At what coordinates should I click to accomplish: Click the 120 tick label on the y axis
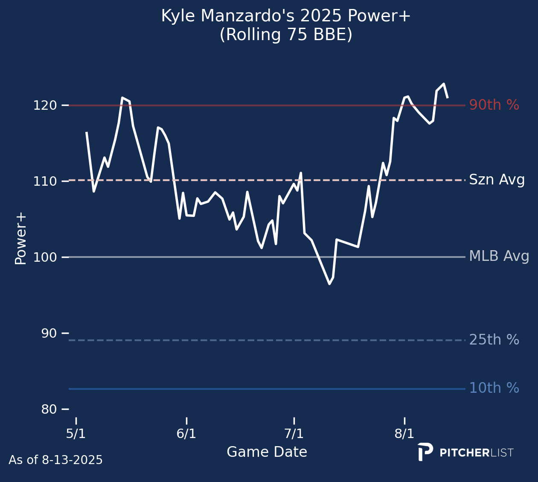(x=45, y=105)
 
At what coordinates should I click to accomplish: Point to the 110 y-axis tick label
(x=45, y=181)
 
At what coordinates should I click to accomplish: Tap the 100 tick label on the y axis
(x=45, y=257)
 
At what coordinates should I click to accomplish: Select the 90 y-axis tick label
(x=49, y=333)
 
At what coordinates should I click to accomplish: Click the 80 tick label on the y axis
(x=49, y=409)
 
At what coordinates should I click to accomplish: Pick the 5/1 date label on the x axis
(x=76, y=434)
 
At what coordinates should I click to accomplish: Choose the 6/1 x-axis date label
(x=186, y=434)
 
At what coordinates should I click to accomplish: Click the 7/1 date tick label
(x=294, y=434)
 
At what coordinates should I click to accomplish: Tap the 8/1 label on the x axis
(x=404, y=434)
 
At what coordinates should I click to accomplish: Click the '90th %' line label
(x=494, y=105)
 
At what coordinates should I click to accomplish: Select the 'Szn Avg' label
(x=497, y=180)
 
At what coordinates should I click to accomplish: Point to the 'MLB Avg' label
(x=499, y=257)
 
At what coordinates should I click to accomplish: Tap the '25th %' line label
(x=494, y=340)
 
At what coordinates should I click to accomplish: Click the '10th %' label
(x=494, y=389)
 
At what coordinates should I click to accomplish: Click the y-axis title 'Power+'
(x=20, y=238)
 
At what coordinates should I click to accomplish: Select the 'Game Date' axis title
(x=267, y=452)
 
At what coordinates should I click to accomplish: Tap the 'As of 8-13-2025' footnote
(x=55, y=460)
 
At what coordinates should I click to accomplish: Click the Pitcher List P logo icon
(x=425, y=452)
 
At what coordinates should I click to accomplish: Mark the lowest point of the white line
(x=329, y=284)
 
